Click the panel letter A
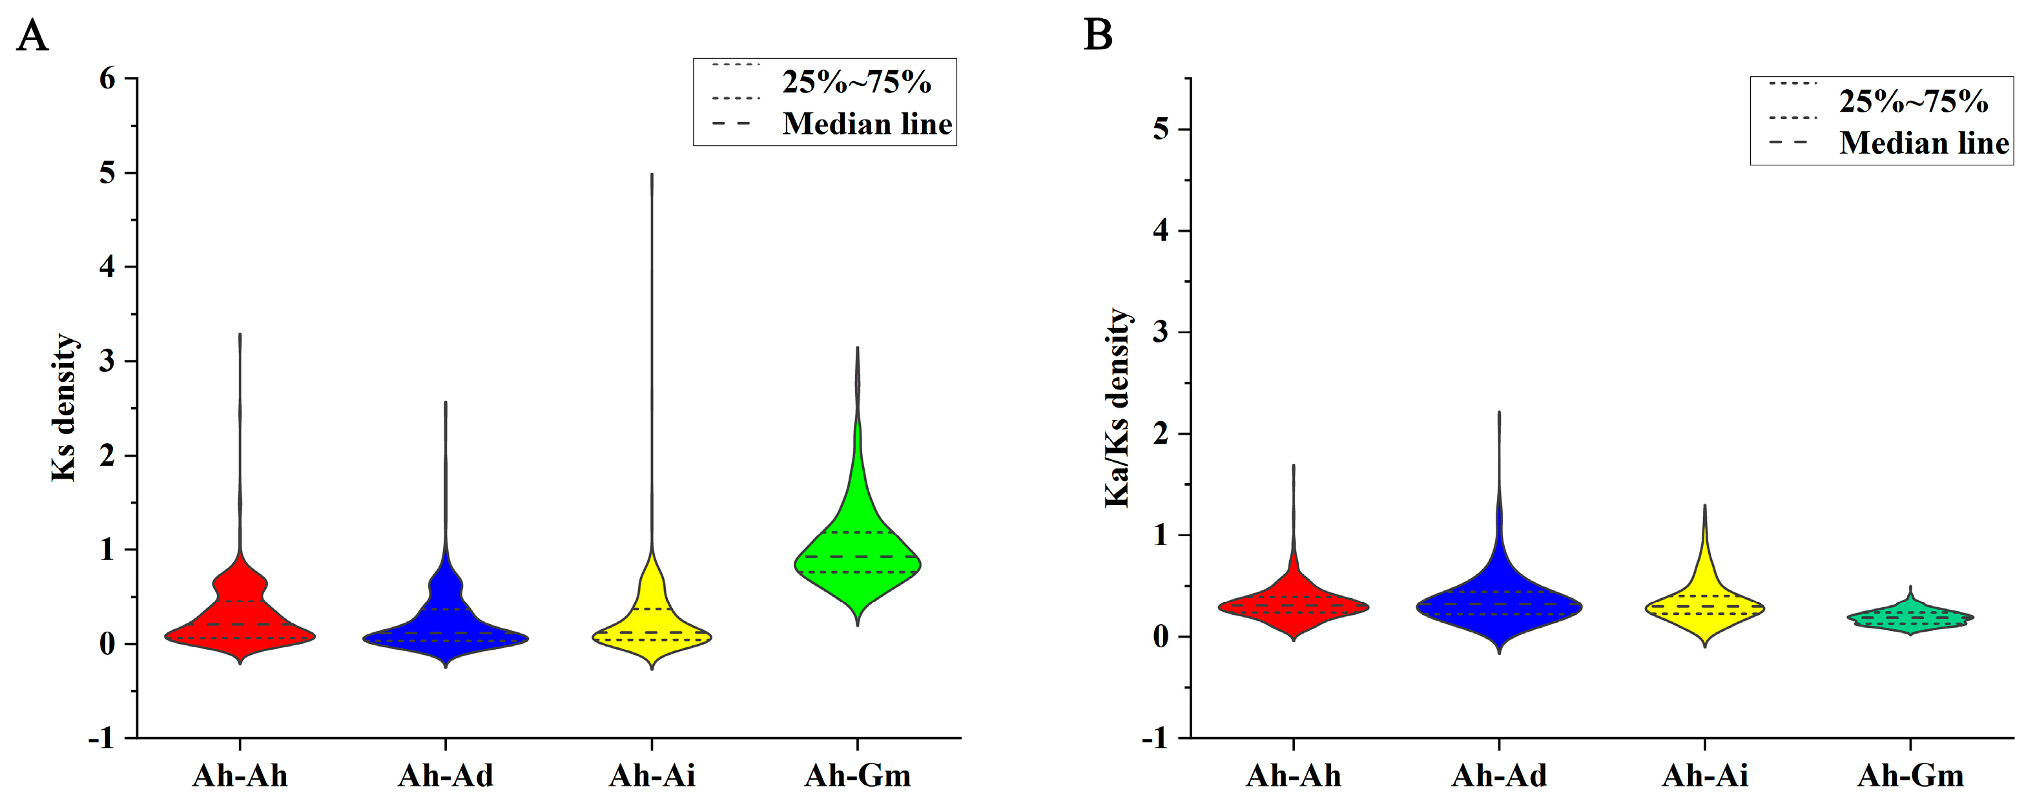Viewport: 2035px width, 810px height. click(32, 36)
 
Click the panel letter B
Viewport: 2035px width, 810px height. click(1098, 36)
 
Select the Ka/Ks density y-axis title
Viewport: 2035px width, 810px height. click(1117, 408)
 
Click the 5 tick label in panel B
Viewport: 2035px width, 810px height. click(1160, 130)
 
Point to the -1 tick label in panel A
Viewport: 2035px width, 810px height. click(101, 738)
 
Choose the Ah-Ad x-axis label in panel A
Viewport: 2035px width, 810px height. click(446, 776)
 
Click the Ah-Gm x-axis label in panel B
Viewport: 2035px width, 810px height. click(1910, 776)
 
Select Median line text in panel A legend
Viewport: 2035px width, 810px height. click(867, 124)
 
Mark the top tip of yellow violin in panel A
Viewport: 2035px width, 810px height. click(652, 174)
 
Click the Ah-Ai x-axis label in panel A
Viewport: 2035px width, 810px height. click(652, 776)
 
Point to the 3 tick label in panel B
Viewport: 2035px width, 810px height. click(1160, 333)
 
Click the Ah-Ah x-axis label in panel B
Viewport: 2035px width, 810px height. click(1293, 776)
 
